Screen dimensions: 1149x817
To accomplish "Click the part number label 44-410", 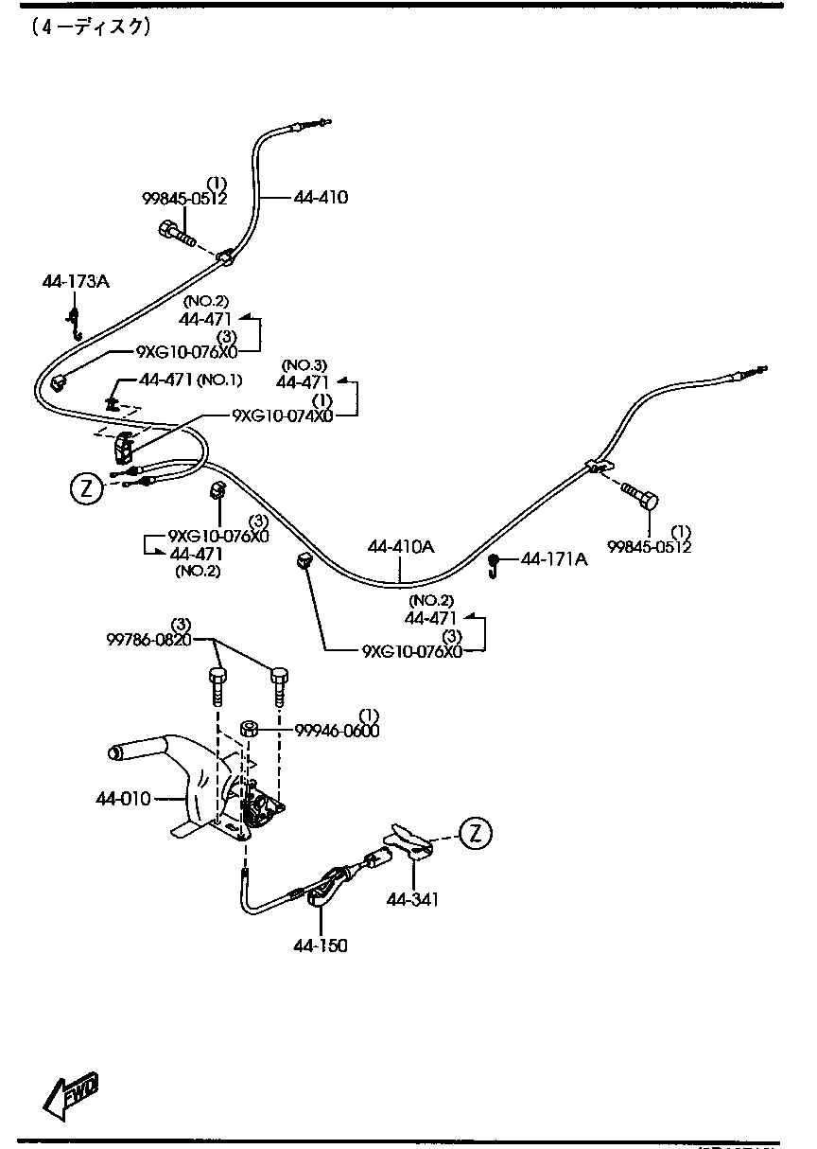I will coord(321,198).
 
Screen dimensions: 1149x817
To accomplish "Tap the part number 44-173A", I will coord(76,281).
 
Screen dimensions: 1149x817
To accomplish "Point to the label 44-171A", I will coord(554,559).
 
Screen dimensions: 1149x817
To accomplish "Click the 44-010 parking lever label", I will coord(123,799).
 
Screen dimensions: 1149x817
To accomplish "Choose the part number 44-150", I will coord(320,945).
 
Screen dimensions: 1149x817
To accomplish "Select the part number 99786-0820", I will coord(149,639).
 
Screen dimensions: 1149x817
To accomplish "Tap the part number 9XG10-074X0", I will coord(283,415).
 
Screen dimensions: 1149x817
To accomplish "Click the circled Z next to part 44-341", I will coord(476,833).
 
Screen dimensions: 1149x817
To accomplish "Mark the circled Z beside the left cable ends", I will coord(85,488).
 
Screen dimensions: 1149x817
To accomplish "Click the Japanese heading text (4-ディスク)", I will coord(91,27).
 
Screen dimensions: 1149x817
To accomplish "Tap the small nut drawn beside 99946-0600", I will coord(251,728).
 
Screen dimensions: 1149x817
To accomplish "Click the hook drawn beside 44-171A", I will coord(494,564).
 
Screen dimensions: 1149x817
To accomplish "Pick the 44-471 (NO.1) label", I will coord(190,380).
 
